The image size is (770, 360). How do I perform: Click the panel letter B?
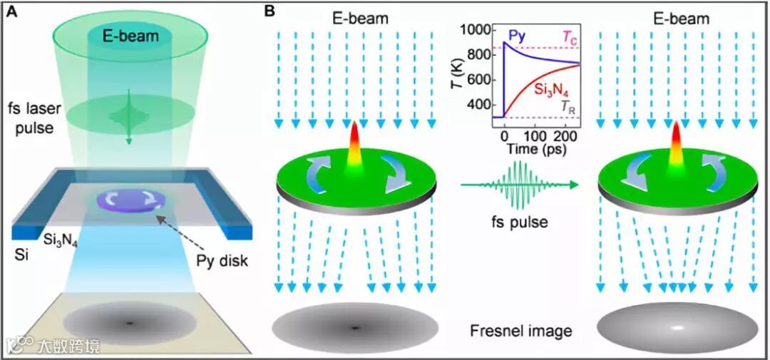(x=270, y=12)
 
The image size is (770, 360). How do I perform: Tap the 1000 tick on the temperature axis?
(x=476, y=30)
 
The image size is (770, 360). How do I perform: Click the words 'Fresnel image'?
(x=521, y=331)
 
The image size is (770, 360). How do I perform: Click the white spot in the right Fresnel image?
(x=676, y=328)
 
